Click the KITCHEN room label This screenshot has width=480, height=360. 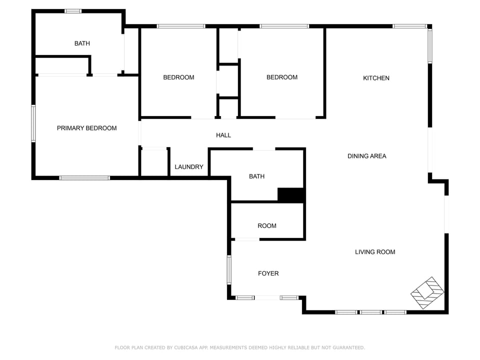(376, 78)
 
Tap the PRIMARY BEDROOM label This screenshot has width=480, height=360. (86, 128)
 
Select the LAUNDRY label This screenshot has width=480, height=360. (189, 167)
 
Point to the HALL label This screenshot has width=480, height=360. (223, 135)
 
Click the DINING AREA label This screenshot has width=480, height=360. (367, 156)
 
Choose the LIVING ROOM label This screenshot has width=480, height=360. (375, 252)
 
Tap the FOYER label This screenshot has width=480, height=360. (268, 273)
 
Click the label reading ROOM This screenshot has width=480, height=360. (267, 226)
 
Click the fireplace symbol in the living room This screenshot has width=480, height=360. (427, 292)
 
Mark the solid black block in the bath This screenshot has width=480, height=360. (290, 195)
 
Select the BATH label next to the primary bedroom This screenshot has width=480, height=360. (82, 43)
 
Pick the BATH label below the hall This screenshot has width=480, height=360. (256, 176)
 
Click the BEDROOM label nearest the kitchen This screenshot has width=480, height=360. (282, 77)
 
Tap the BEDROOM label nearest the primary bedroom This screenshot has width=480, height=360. (178, 77)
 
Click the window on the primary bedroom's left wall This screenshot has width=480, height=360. (33, 123)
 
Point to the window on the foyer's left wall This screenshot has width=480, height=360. (229, 270)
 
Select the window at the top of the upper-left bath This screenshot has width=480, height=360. (73, 11)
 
